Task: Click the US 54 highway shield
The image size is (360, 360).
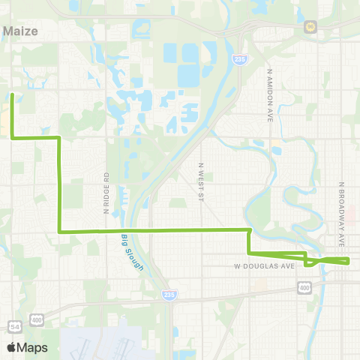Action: pos(15,325)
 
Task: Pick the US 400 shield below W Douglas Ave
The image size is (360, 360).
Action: pos(304,287)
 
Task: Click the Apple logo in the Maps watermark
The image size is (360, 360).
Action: pos(11,347)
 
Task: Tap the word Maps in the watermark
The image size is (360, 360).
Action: pos(32,347)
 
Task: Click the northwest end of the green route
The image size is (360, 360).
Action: pos(13,94)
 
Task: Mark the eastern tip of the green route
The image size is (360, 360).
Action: pos(349,260)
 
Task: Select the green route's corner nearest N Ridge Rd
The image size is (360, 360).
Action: pos(60,231)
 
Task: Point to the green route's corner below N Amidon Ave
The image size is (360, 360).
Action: pos(249,229)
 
